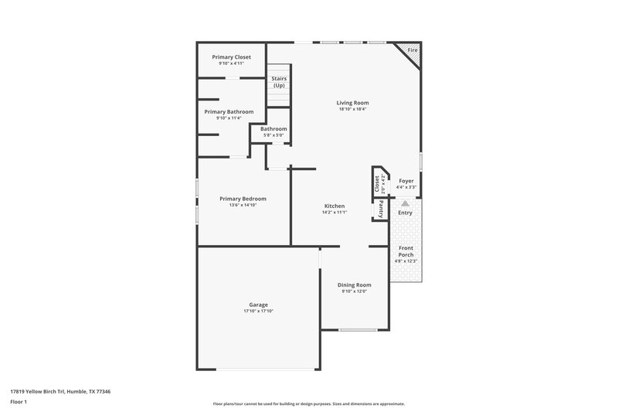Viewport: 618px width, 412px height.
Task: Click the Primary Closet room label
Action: coord(232,57)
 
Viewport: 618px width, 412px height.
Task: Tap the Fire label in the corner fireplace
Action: coord(413,50)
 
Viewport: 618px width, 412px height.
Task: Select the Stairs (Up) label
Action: coord(279,82)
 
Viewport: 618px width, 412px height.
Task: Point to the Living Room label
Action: coord(352,103)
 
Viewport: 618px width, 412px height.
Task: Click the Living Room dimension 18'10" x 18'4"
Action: coord(352,110)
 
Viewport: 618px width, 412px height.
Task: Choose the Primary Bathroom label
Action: coord(229,111)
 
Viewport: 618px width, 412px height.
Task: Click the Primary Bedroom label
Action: coord(243,199)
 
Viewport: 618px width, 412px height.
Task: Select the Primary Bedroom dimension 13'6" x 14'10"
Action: coord(243,206)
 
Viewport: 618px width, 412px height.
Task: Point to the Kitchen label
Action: coord(334,206)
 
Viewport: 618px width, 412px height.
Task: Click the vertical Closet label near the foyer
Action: coord(378,183)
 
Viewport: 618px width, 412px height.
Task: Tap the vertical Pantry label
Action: coord(380,209)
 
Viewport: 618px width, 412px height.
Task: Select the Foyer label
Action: coord(406,181)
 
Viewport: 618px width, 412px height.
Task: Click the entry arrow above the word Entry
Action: coord(404,203)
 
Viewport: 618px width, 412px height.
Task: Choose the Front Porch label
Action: coord(406,251)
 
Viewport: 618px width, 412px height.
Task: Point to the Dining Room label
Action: coord(355,284)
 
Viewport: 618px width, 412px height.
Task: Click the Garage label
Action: coord(258,305)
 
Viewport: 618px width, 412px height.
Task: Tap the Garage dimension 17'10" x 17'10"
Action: coord(258,312)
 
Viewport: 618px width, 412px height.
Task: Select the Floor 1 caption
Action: coord(19,403)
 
